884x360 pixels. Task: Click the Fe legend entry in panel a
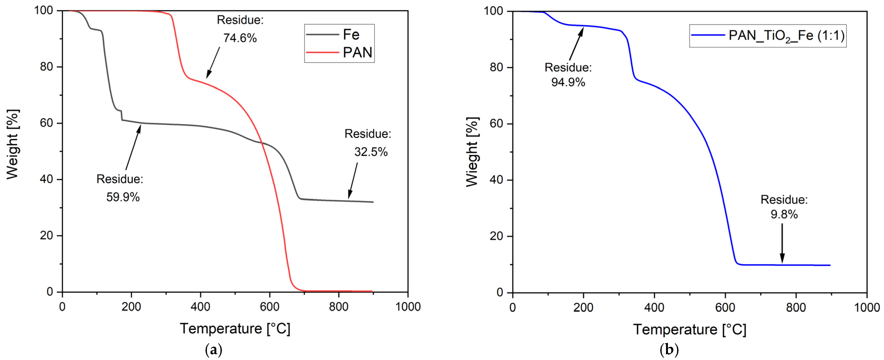351,35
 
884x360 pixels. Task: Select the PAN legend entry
357,52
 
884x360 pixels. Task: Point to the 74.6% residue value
240,38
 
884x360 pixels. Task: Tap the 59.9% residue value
123,197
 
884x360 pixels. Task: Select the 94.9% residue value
568,82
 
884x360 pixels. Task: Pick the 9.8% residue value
784,214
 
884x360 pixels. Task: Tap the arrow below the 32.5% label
353,180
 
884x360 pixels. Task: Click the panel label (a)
213,350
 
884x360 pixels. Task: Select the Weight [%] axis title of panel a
13,144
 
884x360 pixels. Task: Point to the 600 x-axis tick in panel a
269,306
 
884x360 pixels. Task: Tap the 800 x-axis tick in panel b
796,307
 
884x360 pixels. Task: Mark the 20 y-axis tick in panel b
496,236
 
